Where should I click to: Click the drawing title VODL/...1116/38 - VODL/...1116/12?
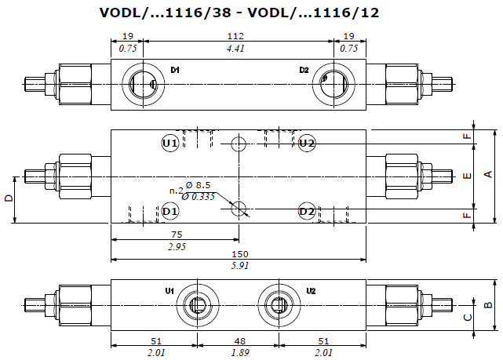pos(239,13)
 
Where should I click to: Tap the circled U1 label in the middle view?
pos(170,143)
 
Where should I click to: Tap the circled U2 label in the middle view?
pos(307,143)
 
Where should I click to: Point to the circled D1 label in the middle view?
pos(171,211)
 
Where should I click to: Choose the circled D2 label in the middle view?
pos(307,211)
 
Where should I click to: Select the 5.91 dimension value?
pos(239,266)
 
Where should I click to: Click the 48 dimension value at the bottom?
pos(239,342)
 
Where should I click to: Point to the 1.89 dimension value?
pos(239,353)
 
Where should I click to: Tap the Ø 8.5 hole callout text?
pos(203,185)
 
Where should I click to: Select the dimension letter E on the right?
pos(468,176)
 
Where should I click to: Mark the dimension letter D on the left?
pos(9,199)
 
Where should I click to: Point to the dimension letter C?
pos(468,317)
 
